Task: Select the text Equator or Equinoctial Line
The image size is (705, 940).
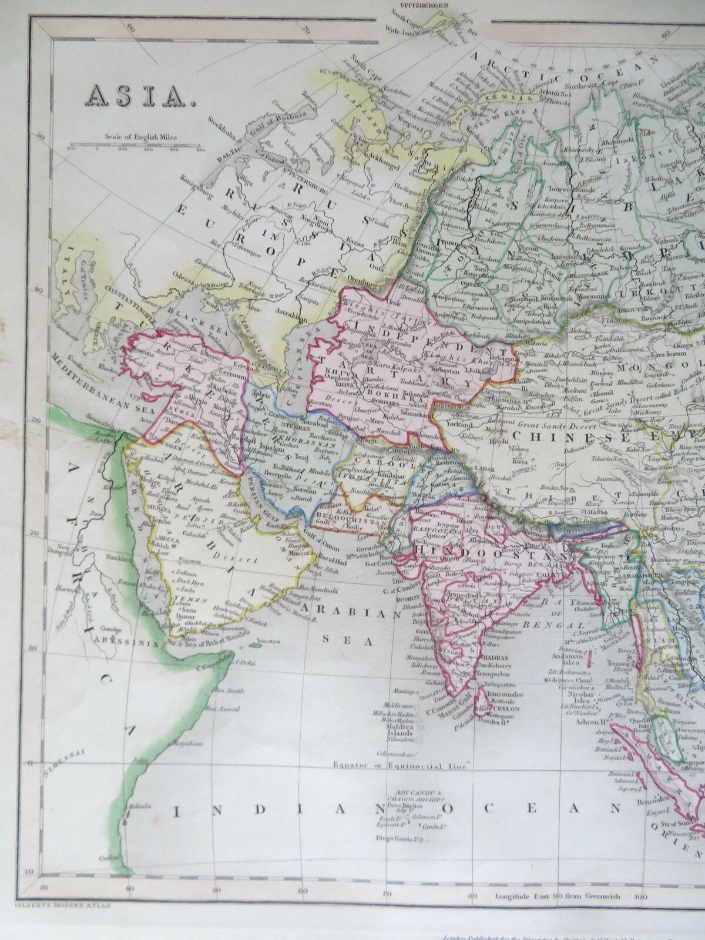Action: pos(399,767)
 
